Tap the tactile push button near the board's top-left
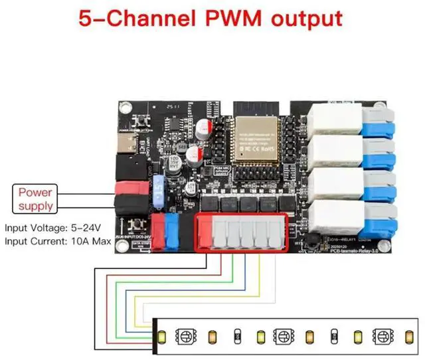(142, 122)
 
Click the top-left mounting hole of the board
(124, 108)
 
